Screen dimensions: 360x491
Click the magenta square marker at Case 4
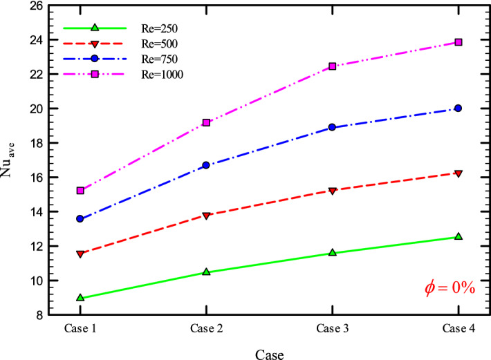pyautogui.click(x=458, y=42)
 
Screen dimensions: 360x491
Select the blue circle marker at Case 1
pyautogui.click(x=80, y=218)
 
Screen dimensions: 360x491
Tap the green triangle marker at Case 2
pyautogui.click(x=206, y=272)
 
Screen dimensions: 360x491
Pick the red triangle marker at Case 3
pyautogui.click(x=332, y=191)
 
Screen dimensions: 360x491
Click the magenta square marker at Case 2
pyautogui.click(x=206, y=122)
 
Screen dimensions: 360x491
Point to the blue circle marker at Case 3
pyautogui.click(x=332, y=127)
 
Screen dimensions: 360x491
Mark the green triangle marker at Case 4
pyautogui.click(x=458, y=236)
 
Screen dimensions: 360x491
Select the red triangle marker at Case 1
pyautogui.click(x=80, y=254)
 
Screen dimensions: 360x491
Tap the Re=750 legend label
pyautogui.click(x=158, y=59)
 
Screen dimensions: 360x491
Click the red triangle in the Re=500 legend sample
pyautogui.click(x=95, y=44)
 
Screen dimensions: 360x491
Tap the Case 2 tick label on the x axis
pyautogui.click(x=206, y=328)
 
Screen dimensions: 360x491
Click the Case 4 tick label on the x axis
pyautogui.click(x=458, y=328)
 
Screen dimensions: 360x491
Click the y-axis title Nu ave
pyautogui.click(x=13, y=160)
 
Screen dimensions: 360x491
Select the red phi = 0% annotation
pyautogui.click(x=449, y=288)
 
